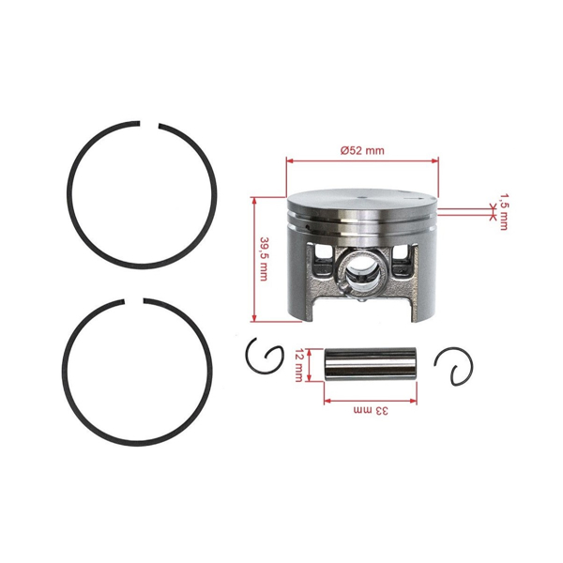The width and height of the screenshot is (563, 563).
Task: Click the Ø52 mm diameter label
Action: [x=361, y=150]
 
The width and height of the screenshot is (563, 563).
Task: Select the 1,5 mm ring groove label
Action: [x=504, y=211]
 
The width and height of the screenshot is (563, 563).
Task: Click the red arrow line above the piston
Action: [x=361, y=160]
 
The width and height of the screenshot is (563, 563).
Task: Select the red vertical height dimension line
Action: [x=254, y=259]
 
